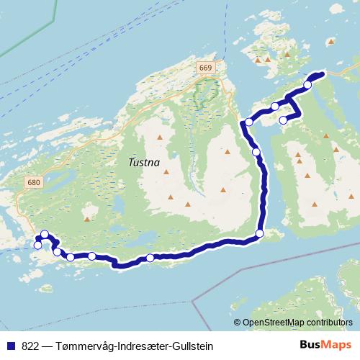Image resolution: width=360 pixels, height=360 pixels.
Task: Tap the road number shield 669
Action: pyautogui.click(x=205, y=67)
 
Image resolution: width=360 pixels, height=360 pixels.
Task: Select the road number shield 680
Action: pyautogui.click(x=32, y=182)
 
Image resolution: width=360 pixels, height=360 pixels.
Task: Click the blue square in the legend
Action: pyautogui.click(x=10, y=346)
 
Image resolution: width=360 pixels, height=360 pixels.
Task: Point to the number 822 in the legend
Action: pyautogui.click(x=30, y=346)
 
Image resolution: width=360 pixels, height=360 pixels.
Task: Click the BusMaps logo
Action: pyautogui.click(x=325, y=346)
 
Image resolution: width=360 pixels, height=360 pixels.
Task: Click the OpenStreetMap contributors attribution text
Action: pyautogui.click(x=299, y=323)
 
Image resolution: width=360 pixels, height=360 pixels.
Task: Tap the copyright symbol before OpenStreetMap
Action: pyautogui.click(x=238, y=323)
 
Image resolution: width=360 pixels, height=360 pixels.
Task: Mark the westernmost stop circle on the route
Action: pyautogui.click(x=37, y=246)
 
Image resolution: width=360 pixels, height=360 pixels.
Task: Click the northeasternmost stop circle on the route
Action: pyautogui.click(x=307, y=85)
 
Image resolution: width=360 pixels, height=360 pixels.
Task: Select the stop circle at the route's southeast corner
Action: pyautogui.click(x=260, y=233)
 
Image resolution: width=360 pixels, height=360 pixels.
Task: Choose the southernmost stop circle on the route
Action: pyautogui.click(x=150, y=258)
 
